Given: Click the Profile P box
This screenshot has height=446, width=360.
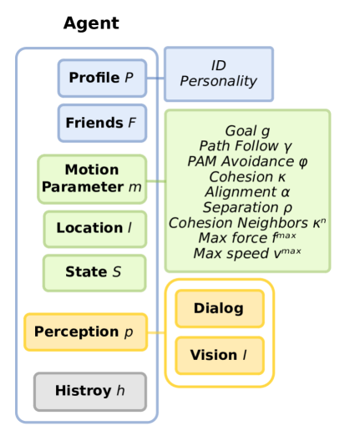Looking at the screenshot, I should pyautogui.click(x=102, y=79).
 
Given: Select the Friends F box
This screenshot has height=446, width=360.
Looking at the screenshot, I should pyautogui.click(x=102, y=124).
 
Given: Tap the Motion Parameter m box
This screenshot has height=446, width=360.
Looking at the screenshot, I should pyautogui.click(x=92, y=179).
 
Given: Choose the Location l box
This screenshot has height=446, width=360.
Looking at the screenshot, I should pyautogui.click(x=95, y=228).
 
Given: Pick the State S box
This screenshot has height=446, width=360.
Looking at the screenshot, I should pyautogui.click(x=95, y=272).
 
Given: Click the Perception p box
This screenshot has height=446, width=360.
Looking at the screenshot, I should pyautogui.click(x=86, y=332).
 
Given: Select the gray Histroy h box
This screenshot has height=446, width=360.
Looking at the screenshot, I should pyautogui.click(x=90, y=391).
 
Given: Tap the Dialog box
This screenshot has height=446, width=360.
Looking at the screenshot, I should pyautogui.click(x=219, y=309).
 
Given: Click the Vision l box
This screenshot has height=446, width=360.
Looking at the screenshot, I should pyautogui.click(x=219, y=355).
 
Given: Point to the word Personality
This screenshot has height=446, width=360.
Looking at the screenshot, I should pyautogui.click(x=219, y=82).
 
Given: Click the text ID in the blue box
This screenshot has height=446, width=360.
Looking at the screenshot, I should pyautogui.click(x=219, y=65).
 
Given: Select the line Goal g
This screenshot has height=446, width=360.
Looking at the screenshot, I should pyautogui.click(x=247, y=131).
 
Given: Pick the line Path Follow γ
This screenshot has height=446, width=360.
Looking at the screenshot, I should pyautogui.click(x=247, y=146).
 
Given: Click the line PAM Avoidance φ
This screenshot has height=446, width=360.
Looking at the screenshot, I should pyautogui.click(x=247, y=161).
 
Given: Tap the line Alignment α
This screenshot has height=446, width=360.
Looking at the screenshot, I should pyautogui.click(x=247, y=192).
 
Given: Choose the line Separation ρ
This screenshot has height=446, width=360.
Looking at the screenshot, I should pyautogui.click(x=247, y=207).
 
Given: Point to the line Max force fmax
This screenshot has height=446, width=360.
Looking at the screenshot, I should pyautogui.click(x=247, y=238).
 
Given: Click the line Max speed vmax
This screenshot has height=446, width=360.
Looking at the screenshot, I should pyautogui.click(x=247, y=253).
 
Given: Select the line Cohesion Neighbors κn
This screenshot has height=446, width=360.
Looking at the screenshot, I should pyautogui.click(x=247, y=223).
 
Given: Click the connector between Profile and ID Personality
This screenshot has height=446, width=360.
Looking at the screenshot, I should pyautogui.click(x=155, y=79).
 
